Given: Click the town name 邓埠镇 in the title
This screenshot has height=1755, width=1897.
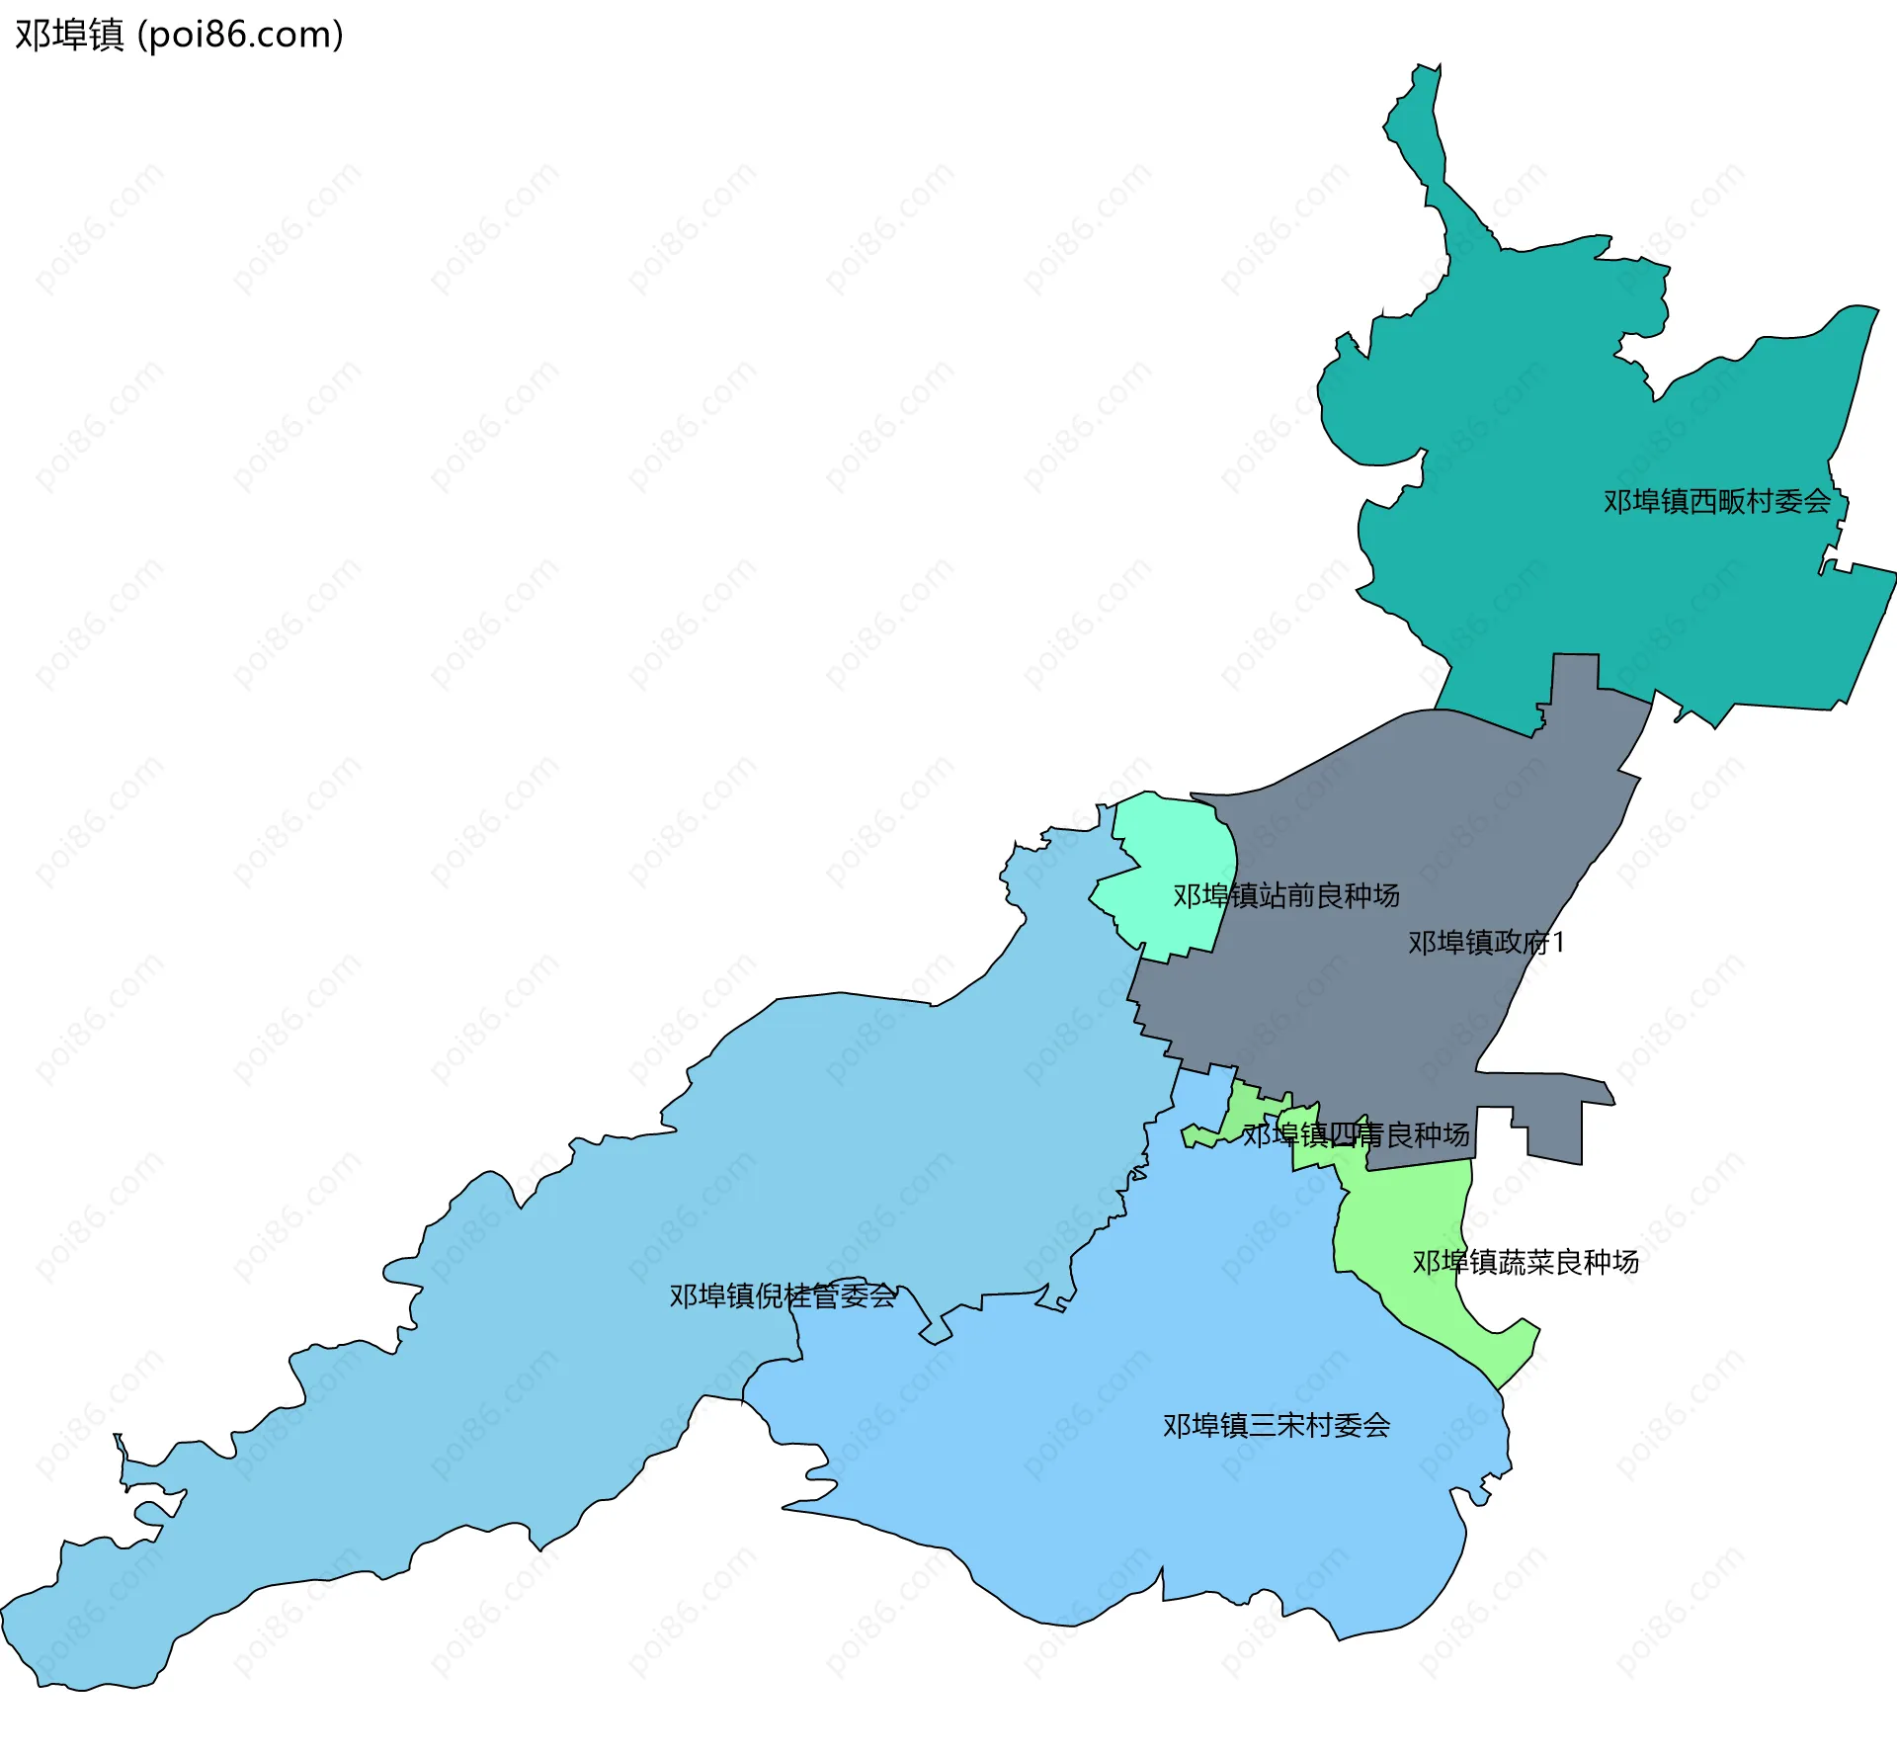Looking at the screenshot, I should (x=69, y=35).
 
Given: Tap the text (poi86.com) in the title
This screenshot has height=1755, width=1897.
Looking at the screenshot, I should (x=240, y=35).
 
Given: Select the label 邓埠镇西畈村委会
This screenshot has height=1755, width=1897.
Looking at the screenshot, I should (x=1716, y=502).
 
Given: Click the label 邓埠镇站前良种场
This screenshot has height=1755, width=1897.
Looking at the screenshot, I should (x=1285, y=895).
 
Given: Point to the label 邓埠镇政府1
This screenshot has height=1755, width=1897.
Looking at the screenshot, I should (x=1486, y=943).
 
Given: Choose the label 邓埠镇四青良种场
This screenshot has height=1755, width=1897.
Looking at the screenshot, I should (x=1356, y=1134).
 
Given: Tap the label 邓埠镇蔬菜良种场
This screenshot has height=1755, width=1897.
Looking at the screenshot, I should (x=1525, y=1262).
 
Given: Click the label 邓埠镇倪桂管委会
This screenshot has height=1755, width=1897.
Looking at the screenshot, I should (x=783, y=1295).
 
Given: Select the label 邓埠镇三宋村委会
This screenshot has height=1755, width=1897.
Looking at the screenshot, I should (x=1276, y=1425).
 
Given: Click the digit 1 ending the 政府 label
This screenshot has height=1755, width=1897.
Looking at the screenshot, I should (x=1558, y=943).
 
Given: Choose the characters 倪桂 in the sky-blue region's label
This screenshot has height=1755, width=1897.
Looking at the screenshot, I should (x=783, y=1295).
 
